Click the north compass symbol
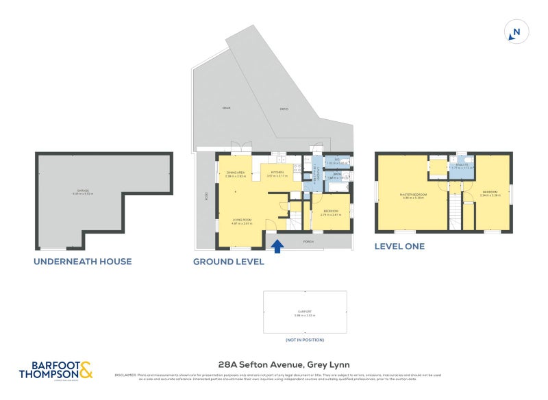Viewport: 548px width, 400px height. (x=516, y=32)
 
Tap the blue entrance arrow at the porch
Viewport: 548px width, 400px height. (x=277, y=245)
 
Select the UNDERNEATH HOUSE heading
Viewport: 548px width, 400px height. (x=83, y=261)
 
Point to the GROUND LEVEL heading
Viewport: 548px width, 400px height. (x=228, y=261)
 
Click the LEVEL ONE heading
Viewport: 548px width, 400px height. (x=399, y=246)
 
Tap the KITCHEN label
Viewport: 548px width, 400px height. (x=277, y=173)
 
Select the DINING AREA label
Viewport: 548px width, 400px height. (x=236, y=173)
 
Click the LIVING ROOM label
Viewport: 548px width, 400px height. (x=242, y=220)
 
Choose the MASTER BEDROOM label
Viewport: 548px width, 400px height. (x=413, y=194)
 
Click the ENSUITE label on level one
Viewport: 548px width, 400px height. (x=461, y=164)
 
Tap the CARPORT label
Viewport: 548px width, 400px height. (x=304, y=312)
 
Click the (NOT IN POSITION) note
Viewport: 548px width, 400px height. (x=305, y=340)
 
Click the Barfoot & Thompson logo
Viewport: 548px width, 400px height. (x=55, y=369)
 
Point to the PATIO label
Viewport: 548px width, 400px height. (x=284, y=110)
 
